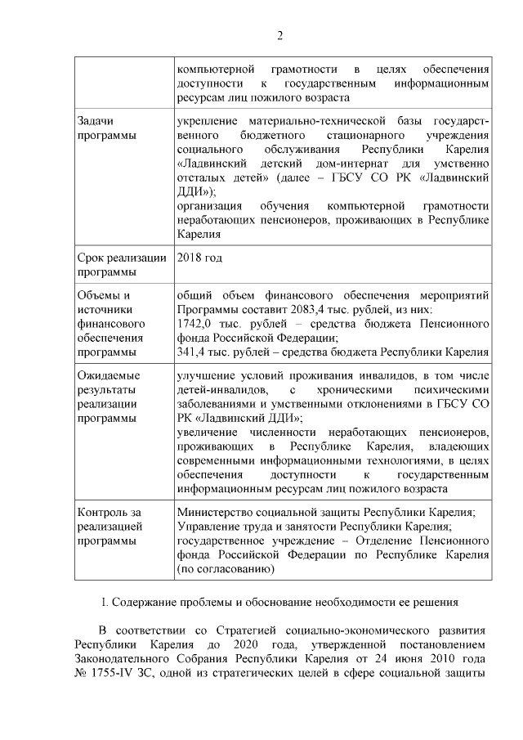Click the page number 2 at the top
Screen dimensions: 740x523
(x=279, y=35)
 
